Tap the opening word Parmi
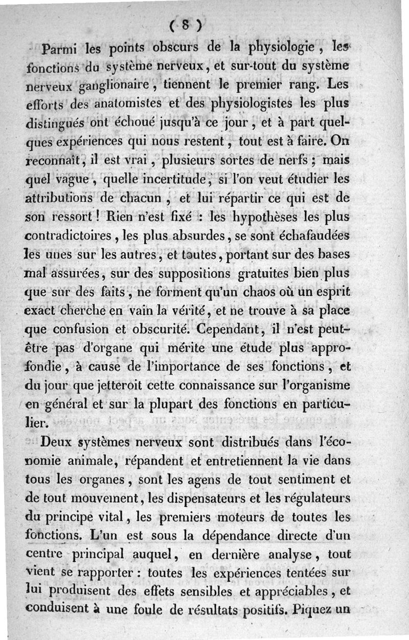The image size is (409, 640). point(60,50)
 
